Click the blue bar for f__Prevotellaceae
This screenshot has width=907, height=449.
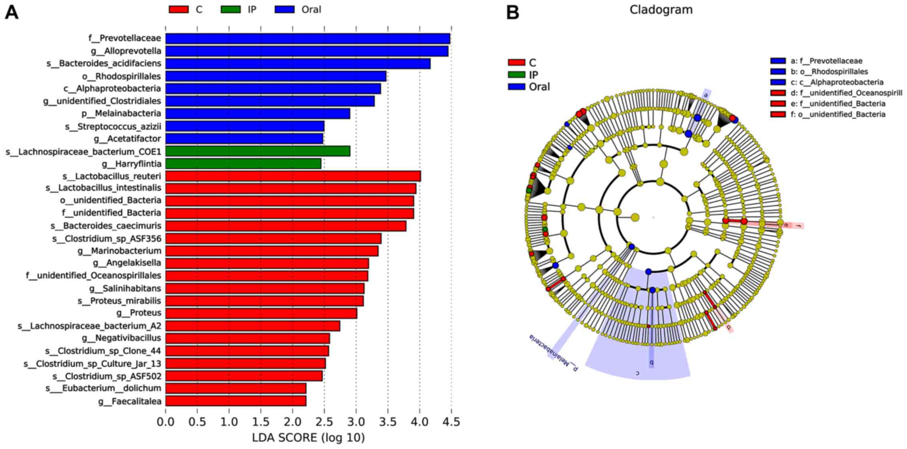tap(308, 38)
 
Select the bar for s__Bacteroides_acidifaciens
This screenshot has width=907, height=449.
tap(298, 64)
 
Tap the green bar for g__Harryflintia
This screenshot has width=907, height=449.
tap(243, 164)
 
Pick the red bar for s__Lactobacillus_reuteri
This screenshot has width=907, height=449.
tap(293, 176)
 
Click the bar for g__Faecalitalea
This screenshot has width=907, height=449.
tap(236, 401)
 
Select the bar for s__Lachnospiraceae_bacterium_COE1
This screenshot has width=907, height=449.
tap(258, 151)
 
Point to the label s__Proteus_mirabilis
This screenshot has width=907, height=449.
tap(120, 301)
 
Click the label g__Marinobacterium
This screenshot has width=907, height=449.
tap(120, 251)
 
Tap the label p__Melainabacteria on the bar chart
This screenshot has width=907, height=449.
tap(122, 113)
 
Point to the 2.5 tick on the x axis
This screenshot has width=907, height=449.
tap(324, 422)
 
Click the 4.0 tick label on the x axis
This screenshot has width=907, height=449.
tap(420, 422)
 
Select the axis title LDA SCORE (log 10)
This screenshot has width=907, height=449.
tap(308, 438)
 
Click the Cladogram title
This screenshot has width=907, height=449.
tap(661, 10)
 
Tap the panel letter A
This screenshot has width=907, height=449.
tap(12, 12)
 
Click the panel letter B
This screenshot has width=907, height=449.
tap(513, 12)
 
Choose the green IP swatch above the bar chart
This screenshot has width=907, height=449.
tap(231, 9)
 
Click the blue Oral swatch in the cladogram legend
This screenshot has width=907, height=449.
tap(516, 87)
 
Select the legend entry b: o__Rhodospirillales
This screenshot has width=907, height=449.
tap(829, 72)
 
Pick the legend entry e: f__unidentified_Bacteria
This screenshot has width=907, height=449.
tap(838, 104)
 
